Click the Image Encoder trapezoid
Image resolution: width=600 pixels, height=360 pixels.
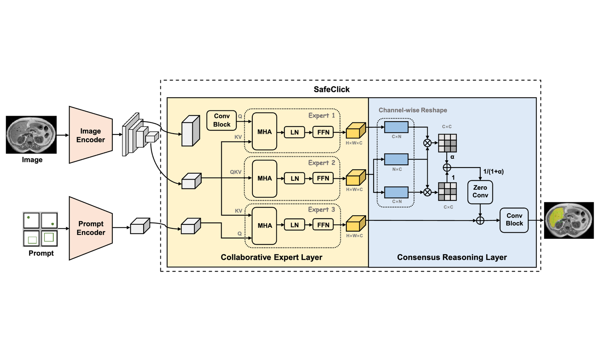(x=91, y=135)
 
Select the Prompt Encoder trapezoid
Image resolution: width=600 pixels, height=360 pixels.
(x=91, y=228)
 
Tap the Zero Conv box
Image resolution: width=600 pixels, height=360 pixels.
(x=480, y=192)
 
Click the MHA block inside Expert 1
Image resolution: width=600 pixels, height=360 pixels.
(x=264, y=132)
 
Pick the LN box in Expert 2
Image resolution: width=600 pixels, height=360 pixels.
(x=295, y=178)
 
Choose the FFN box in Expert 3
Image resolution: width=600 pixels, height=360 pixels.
(x=323, y=225)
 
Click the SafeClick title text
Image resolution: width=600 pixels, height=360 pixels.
(x=332, y=89)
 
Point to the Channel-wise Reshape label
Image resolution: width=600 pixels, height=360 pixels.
(x=413, y=110)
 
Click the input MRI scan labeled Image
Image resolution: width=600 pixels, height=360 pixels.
(x=31, y=135)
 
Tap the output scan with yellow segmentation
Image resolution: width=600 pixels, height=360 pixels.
(x=569, y=220)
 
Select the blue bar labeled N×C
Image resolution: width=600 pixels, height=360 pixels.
(x=396, y=159)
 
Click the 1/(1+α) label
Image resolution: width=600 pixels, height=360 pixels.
(x=493, y=172)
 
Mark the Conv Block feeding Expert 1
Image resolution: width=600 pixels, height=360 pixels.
(x=222, y=120)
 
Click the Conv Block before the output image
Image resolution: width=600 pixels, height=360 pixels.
(x=514, y=220)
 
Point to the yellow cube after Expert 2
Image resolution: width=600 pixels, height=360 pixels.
(x=356, y=178)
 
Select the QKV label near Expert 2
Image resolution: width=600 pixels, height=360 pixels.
(x=236, y=172)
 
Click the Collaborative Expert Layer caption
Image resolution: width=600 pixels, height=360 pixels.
(x=271, y=257)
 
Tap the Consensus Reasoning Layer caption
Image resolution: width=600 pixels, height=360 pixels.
(x=452, y=257)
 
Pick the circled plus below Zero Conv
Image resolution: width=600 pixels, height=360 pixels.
(x=480, y=220)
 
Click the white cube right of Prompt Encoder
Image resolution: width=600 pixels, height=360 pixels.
(x=140, y=226)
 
